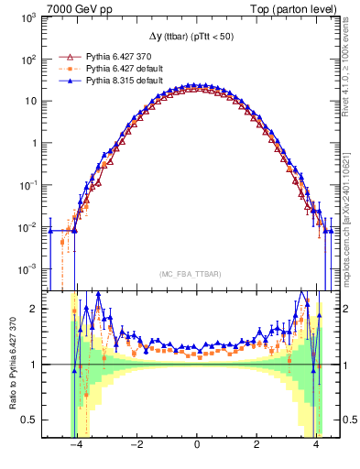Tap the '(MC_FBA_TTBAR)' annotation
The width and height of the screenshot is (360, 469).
[196, 275]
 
